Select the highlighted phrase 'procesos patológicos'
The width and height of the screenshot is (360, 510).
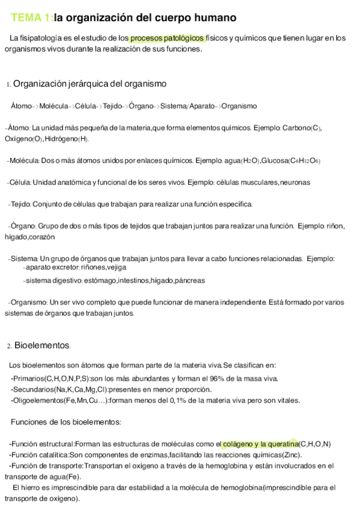point(168,38)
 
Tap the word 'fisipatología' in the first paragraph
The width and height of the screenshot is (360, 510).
point(39,38)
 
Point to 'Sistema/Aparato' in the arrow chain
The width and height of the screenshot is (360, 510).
point(188,106)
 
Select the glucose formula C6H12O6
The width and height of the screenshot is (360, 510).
point(304,161)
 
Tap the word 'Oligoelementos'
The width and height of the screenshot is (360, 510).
point(37,401)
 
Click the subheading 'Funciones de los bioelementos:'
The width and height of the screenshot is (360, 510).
point(66,422)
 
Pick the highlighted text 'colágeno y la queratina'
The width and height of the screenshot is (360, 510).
point(260,444)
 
